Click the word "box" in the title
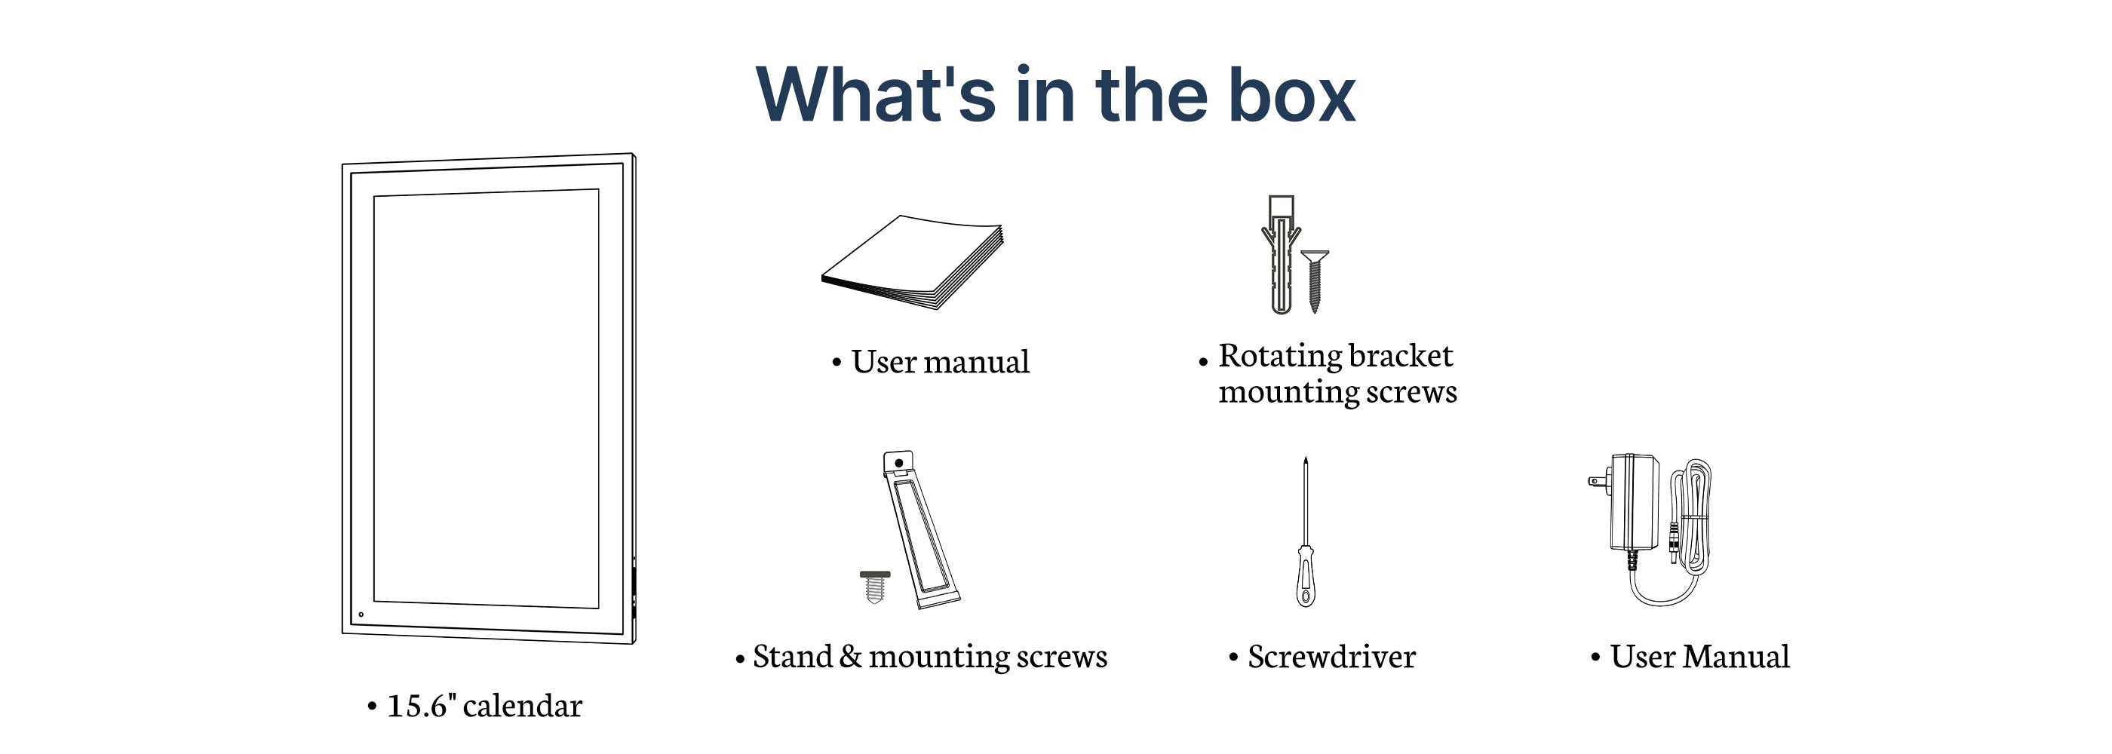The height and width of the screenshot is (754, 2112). tap(1292, 95)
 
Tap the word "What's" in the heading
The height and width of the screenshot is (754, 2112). tap(876, 95)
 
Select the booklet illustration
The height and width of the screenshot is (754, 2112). tap(913, 262)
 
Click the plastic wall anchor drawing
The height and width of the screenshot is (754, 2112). tap(1281, 255)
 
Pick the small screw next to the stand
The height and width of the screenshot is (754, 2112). tap(875, 587)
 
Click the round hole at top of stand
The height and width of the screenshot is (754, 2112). tap(898, 463)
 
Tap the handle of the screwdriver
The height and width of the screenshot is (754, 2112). tap(1306, 577)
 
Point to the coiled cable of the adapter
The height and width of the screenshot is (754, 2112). tap(1692, 516)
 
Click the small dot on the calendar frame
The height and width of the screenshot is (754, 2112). tap(361, 615)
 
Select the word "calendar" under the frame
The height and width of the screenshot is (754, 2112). tap(522, 706)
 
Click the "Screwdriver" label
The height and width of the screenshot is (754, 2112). tap(1331, 657)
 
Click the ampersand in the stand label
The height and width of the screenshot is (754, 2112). tap(851, 657)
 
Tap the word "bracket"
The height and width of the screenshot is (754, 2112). tap(1401, 356)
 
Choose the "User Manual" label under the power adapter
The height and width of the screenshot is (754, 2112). tap(1699, 657)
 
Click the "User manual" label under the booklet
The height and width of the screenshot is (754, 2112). tap(941, 362)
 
